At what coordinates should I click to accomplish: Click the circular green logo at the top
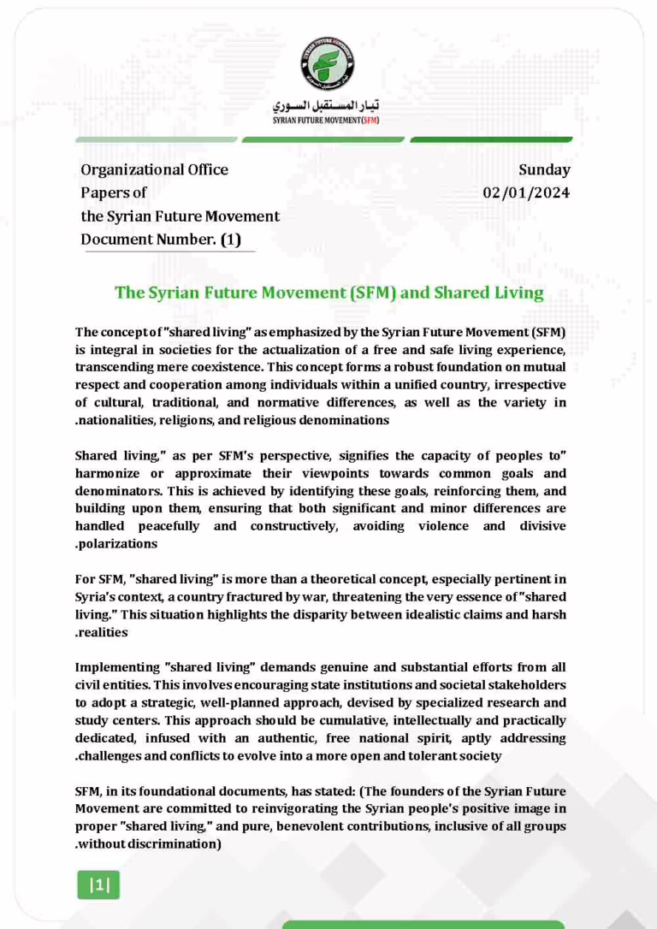click(x=328, y=65)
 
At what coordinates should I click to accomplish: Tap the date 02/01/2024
click(x=526, y=192)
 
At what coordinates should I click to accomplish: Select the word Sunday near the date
click(x=544, y=169)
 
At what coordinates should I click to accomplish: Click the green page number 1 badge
click(x=99, y=885)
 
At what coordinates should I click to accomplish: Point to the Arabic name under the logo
click(x=328, y=106)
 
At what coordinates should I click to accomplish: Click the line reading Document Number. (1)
click(x=160, y=240)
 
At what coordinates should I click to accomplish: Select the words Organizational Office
click(x=154, y=169)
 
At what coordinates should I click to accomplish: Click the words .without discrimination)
click(x=149, y=844)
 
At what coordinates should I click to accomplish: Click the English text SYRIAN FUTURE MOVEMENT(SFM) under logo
click(x=328, y=121)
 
